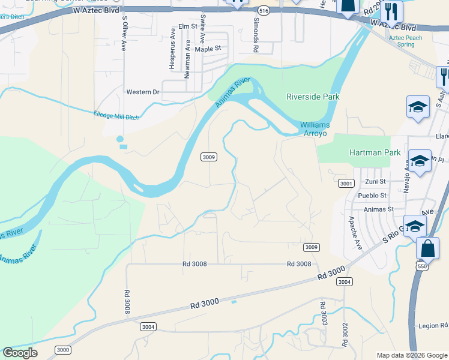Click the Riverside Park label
313,97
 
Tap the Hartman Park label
375,152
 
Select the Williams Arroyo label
315,129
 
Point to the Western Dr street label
143,92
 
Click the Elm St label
188,26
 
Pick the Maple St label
208,49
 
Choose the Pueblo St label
372,196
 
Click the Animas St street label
379,209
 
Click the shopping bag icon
427,249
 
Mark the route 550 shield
422,265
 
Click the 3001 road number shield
345,183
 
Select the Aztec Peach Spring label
405,41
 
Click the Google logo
20,353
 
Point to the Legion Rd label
433,326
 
